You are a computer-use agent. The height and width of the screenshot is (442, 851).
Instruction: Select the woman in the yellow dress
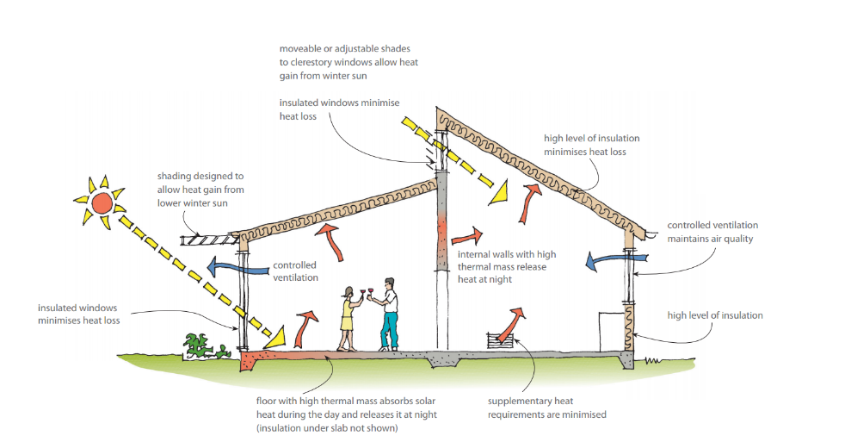pyautogui.click(x=348, y=319)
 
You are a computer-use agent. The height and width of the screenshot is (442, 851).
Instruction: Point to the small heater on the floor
pyautogui.click(x=500, y=340)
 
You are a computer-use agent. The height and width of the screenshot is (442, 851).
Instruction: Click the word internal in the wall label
pyautogui.click(x=477, y=254)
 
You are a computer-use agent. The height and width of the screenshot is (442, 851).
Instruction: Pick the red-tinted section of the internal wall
pyautogui.click(x=442, y=233)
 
